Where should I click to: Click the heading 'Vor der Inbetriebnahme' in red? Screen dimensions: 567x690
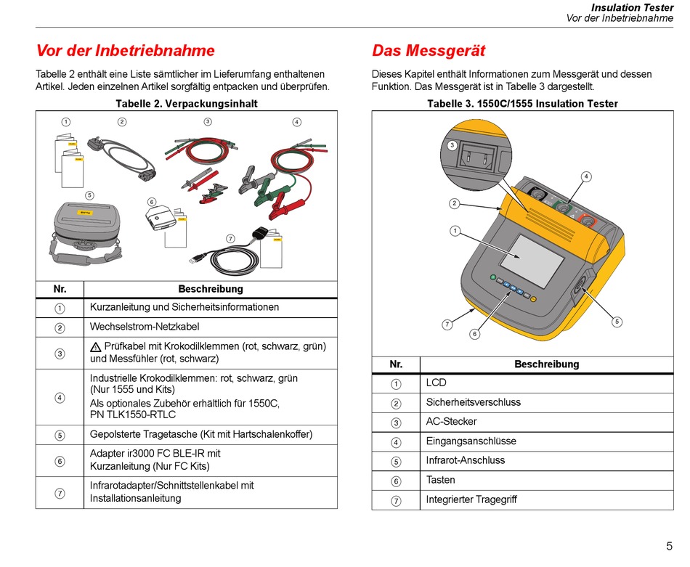pos(126,51)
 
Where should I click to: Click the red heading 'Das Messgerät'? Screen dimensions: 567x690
pos(429,51)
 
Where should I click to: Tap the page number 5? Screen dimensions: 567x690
pos(669,547)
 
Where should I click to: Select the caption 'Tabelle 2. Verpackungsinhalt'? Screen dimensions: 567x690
pos(187,104)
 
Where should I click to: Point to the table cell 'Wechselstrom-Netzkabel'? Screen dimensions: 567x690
pos(145,327)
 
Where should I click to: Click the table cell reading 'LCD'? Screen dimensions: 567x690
pos(436,383)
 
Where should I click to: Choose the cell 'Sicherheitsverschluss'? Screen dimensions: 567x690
pos(473,402)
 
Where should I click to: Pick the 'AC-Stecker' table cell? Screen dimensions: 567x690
pos(451,422)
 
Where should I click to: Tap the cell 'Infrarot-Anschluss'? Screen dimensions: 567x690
pos(465,460)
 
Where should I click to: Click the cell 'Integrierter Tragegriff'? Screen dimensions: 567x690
pos(471,499)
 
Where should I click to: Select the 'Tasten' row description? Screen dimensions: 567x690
pos(440,480)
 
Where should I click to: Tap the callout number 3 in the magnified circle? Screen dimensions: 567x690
pos(452,145)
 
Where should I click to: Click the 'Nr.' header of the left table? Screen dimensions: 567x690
pos(60,289)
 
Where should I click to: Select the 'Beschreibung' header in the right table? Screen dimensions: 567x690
pos(546,364)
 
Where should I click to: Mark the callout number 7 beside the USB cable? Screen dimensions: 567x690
pos(230,238)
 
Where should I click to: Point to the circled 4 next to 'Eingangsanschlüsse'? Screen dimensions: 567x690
pos(396,441)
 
